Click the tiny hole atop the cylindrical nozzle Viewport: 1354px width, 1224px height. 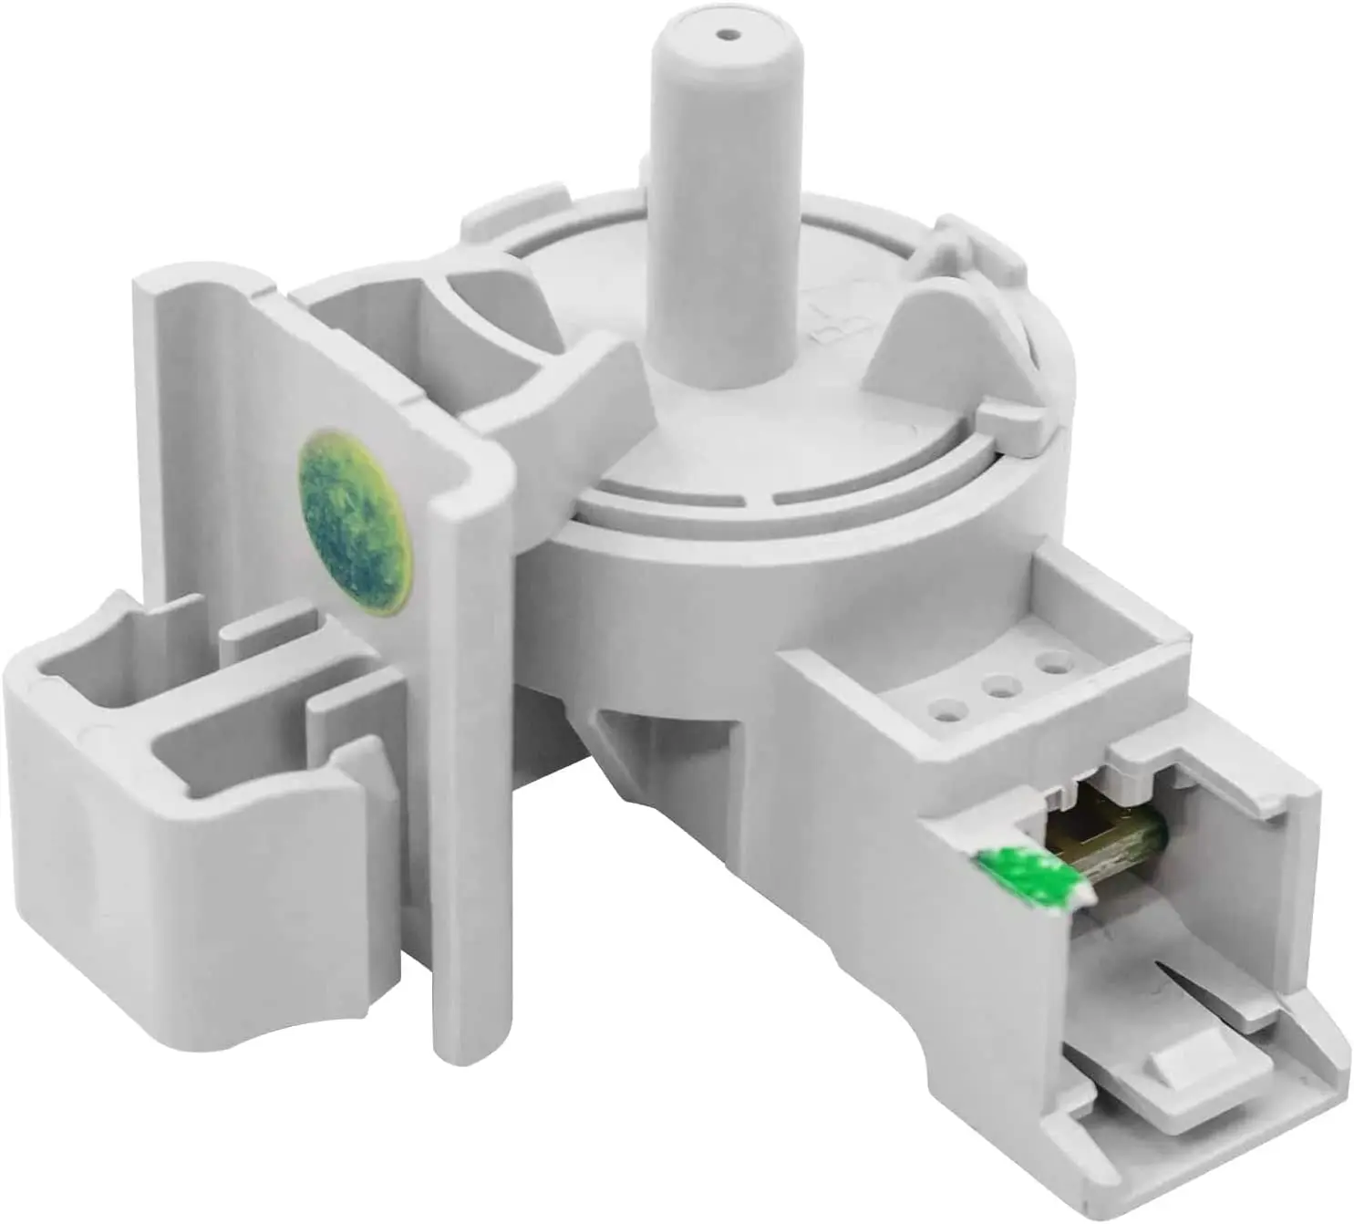pos(726,36)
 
